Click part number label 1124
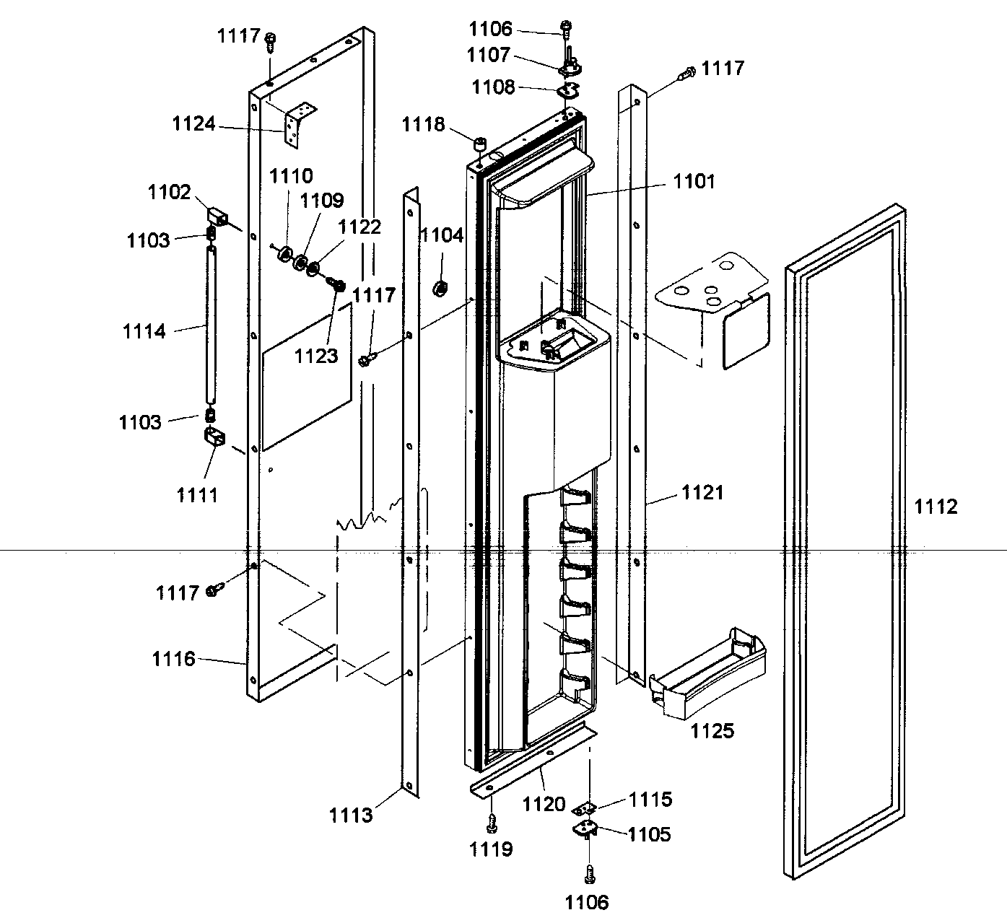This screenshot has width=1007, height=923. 193,124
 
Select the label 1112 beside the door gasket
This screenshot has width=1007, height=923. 936,507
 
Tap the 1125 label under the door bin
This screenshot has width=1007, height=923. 712,731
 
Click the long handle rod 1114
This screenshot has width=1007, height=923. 210,325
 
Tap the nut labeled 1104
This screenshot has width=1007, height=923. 439,289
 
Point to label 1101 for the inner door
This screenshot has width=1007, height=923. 694,181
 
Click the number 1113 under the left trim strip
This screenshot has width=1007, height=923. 351,815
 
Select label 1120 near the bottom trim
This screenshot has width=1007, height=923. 544,803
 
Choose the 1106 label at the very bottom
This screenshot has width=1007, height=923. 587,901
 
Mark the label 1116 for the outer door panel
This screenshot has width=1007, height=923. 173,658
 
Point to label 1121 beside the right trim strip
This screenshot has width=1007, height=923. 702,493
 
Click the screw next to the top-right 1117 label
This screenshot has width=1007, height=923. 687,72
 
